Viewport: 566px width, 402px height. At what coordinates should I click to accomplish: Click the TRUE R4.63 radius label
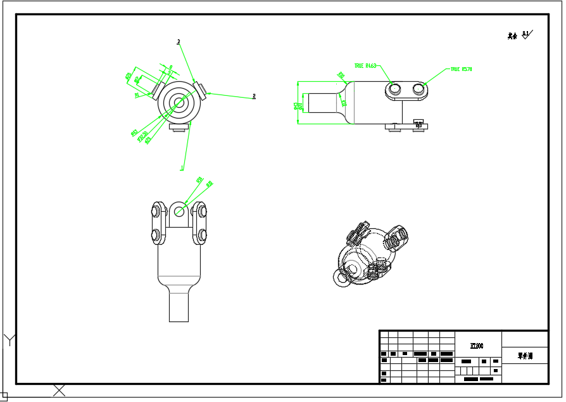365,65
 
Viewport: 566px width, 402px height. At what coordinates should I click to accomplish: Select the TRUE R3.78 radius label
462,69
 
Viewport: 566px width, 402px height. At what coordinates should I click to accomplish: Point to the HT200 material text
477,346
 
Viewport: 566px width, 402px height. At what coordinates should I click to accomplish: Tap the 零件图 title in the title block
525,356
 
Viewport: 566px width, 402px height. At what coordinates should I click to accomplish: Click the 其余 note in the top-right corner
512,36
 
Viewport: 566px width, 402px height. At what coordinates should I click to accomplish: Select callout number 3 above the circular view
179,41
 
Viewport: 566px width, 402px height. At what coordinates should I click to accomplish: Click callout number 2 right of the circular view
254,96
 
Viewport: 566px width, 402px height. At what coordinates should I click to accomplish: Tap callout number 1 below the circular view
182,167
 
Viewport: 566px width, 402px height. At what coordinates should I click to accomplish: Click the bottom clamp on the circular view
179,127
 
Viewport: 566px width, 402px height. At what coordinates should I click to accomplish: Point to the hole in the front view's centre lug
179,212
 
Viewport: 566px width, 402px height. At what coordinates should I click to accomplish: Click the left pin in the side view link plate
394,90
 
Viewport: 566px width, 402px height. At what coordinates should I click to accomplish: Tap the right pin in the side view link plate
418,90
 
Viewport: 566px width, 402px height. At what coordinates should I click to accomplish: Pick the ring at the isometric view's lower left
343,278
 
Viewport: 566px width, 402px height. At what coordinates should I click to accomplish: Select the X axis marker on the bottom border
59,390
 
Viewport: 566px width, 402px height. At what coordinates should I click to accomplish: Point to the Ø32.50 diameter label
142,136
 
